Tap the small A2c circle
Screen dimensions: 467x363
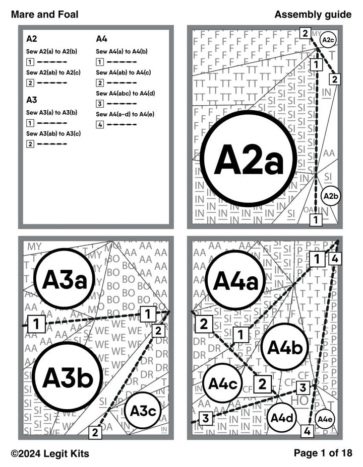click(328, 40)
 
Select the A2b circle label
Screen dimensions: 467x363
click(330, 196)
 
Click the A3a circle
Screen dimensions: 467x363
click(64, 279)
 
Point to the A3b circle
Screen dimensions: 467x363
click(67, 376)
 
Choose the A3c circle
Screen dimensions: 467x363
click(142, 410)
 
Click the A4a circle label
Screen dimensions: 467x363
click(235, 280)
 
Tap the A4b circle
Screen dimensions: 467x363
click(285, 347)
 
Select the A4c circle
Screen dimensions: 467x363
click(222, 383)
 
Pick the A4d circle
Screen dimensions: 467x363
click(281, 417)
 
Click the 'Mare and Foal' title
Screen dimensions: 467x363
click(44, 15)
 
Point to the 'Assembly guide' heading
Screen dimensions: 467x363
click(313, 15)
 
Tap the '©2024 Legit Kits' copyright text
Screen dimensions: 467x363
click(50, 453)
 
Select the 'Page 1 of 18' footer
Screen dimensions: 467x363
click(323, 453)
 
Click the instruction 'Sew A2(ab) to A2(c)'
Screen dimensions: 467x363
click(53, 72)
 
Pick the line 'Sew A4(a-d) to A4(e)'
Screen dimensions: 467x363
click(125, 114)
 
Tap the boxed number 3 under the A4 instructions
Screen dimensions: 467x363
click(100, 104)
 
